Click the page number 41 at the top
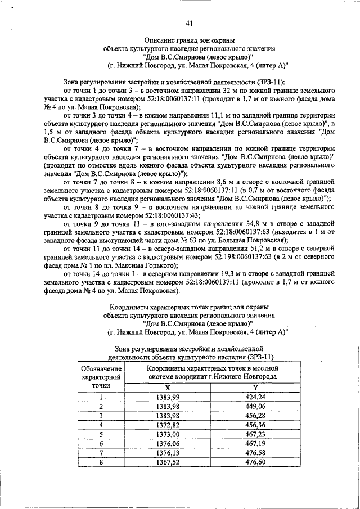click(x=189, y=22)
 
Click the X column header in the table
click(x=167, y=388)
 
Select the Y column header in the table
click(x=255, y=388)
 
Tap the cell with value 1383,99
click(x=167, y=398)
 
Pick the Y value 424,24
click(x=255, y=398)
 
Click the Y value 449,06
click(x=255, y=407)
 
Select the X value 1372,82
click(x=167, y=425)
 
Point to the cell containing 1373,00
click(x=167, y=435)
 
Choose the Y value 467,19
click(x=255, y=444)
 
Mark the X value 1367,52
click(x=167, y=462)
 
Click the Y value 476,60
click(x=255, y=462)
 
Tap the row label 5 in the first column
click(x=101, y=435)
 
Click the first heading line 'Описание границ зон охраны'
click(x=189, y=41)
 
